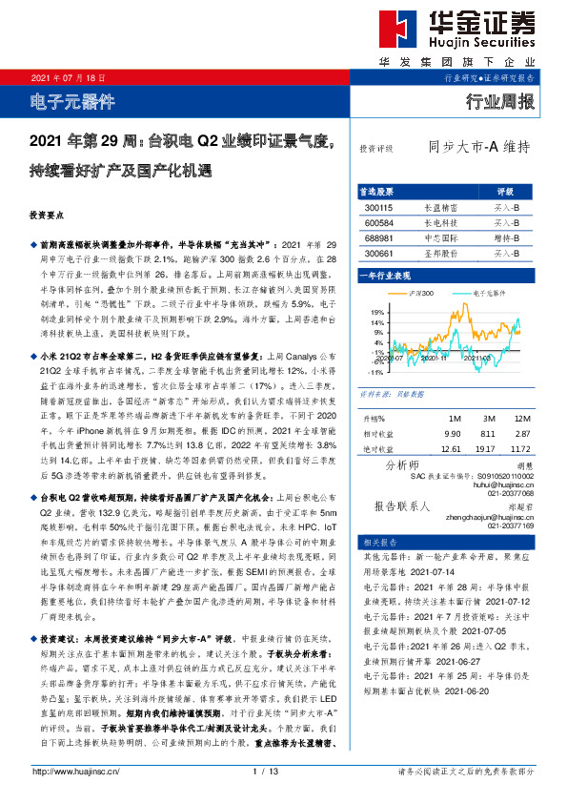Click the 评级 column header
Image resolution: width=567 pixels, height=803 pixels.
tap(505, 191)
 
